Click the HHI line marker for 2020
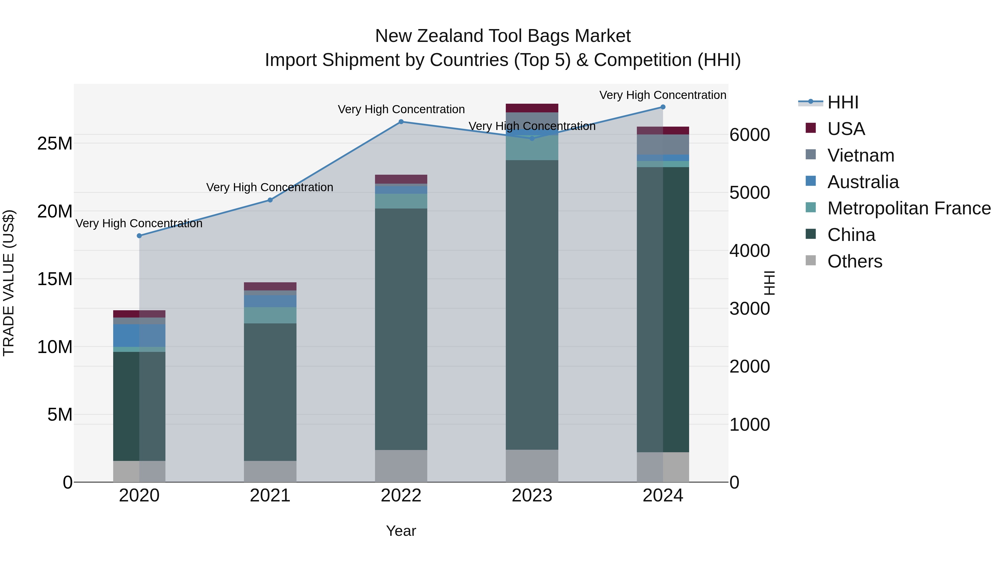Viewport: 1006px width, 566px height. tap(139, 236)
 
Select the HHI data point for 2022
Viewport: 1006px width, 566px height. tap(401, 122)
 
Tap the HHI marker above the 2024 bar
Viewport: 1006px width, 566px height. tap(663, 107)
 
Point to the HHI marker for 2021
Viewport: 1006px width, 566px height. tap(270, 200)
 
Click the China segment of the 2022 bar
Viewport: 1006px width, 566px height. tap(401, 329)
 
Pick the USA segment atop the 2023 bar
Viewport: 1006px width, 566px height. tap(532, 108)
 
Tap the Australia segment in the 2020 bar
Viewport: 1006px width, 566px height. tap(139, 335)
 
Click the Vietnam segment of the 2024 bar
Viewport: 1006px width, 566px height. tap(663, 145)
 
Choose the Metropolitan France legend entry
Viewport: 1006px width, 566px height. tap(909, 208)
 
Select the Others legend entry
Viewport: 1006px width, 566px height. tap(855, 261)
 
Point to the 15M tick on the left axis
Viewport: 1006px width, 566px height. tap(55, 279)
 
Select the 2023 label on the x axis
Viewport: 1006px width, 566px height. tap(532, 496)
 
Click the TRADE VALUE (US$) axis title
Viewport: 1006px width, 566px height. tap(9, 283)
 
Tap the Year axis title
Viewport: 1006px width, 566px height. tap(401, 531)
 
